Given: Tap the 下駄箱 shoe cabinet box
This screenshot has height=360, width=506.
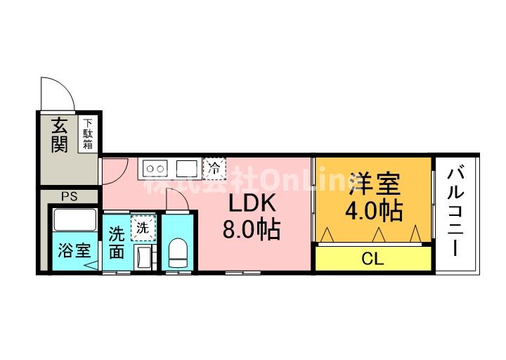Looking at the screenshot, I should pos(89,134).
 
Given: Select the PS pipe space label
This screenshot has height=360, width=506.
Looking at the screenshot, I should pos(69,196).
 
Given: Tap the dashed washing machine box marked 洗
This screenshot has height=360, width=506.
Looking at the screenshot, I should pos(143,228).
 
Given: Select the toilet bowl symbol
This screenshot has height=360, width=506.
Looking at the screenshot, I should pos(179,252).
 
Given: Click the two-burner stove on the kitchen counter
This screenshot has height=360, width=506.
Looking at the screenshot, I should pos(155,168).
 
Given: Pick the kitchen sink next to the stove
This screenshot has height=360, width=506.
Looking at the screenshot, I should pos(187,168).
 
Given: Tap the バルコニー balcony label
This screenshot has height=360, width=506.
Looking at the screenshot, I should pos(457,211).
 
